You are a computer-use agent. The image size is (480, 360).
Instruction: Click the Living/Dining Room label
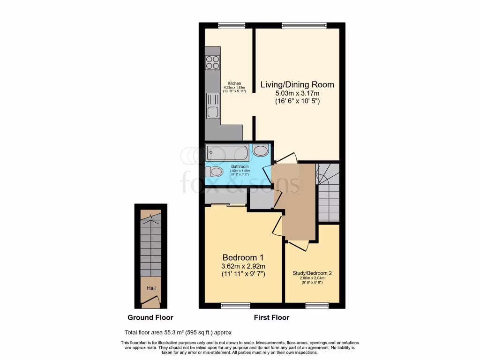[297, 85]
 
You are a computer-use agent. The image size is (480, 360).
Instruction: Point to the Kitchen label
[234, 83]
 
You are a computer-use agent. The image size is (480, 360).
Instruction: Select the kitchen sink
[213, 112]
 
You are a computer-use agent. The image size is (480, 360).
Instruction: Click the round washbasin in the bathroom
[261, 150]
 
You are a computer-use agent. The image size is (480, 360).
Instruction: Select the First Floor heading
[271, 317]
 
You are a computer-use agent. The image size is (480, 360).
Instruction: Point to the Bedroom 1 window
[235, 306]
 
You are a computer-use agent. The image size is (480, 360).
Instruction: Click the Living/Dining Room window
[304, 25]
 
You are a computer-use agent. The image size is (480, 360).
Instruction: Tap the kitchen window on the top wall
[228, 25]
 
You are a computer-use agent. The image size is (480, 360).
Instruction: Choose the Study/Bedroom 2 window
[317, 306]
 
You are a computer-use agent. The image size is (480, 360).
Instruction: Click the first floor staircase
[328, 192]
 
